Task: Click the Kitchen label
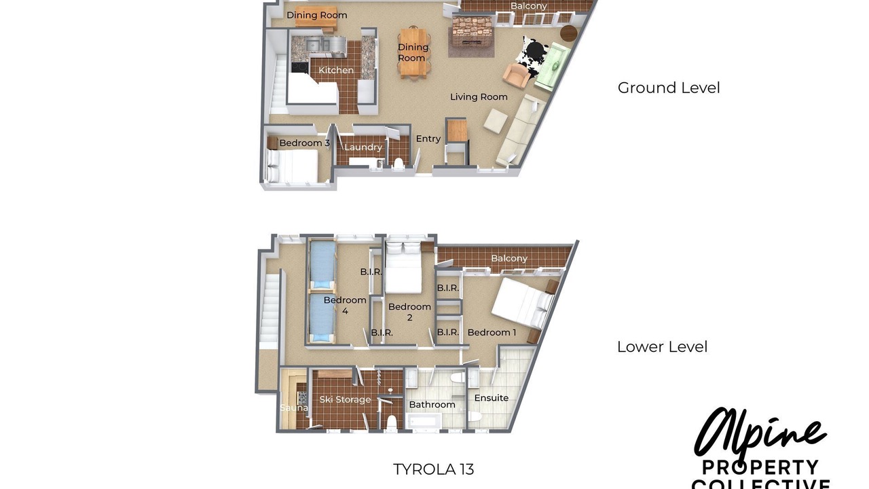click(336, 70)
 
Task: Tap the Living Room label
click(479, 96)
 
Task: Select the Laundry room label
click(363, 147)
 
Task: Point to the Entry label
click(428, 139)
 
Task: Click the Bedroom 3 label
click(305, 143)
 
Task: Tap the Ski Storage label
click(345, 399)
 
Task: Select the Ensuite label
click(491, 398)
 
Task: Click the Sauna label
click(294, 407)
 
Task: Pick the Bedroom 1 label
click(492, 332)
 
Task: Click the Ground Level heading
click(669, 88)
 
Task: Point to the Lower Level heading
click(662, 346)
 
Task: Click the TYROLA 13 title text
click(433, 469)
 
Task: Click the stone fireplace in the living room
click(471, 37)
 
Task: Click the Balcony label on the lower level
click(509, 258)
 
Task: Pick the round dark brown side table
click(569, 33)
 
